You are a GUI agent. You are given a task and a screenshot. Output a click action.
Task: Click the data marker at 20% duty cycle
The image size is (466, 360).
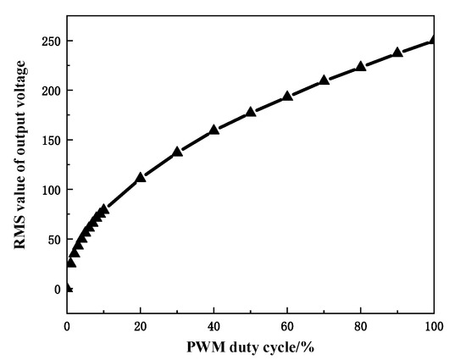(141, 178)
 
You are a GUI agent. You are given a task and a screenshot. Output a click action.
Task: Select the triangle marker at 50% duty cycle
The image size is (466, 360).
(251, 112)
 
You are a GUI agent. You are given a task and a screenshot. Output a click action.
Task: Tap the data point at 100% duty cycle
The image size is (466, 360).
(435, 40)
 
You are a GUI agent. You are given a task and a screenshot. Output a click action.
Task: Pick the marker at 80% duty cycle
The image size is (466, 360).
(361, 66)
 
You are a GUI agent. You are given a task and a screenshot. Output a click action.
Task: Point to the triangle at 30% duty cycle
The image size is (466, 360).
(178, 152)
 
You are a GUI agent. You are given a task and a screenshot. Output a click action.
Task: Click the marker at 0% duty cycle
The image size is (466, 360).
(68, 288)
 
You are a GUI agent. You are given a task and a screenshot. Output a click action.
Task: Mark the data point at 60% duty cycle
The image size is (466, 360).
(288, 96)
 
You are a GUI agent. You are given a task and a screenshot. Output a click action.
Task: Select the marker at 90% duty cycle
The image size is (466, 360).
(397, 53)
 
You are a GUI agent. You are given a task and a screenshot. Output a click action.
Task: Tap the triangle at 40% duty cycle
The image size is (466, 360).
(214, 130)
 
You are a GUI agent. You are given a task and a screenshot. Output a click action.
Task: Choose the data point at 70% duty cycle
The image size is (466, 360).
(325, 80)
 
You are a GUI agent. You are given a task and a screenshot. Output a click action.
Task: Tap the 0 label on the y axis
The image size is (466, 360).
(56, 290)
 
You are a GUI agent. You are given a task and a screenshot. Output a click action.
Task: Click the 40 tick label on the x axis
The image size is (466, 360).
(214, 324)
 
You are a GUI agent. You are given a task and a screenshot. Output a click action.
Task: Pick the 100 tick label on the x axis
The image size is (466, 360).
(434, 324)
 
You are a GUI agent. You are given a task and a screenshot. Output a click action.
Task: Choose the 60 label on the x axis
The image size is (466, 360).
(288, 324)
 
